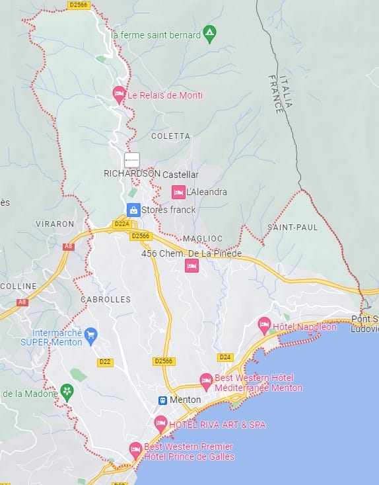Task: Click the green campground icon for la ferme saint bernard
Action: [210, 32]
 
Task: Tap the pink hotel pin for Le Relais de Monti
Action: [119, 95]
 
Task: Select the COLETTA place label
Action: [170, 136]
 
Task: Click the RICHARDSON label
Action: [132, 173]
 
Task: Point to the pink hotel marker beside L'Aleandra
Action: [178, 192]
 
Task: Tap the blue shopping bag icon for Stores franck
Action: [133, 210]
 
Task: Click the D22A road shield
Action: [121, 224]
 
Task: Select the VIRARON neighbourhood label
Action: [55, 224]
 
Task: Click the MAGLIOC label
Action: [203, 238]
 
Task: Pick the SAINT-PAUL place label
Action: [293, 227]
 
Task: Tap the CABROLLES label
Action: [106, 299]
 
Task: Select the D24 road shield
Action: [225, 357]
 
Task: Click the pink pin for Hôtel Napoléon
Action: [264, 325]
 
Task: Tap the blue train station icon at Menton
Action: [162, 400]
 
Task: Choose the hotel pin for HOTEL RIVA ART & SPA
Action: [160, 423]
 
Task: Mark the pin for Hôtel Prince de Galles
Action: [135, 449]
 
